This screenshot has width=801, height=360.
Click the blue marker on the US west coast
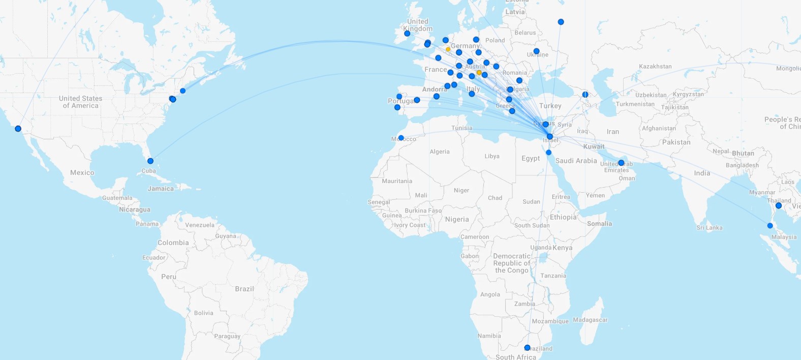coord(18,129)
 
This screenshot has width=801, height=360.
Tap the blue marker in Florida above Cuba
coord(150,161)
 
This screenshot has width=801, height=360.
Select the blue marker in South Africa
coord(527,348)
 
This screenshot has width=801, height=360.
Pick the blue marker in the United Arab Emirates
coord(621,163)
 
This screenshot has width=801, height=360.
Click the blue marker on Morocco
coord(401,138)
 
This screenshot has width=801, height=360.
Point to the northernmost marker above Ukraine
coord(561,22)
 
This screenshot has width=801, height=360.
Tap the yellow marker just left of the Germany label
coord(448,49)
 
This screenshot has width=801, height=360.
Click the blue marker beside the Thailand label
coord(778,205)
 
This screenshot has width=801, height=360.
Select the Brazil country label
coord(244,289)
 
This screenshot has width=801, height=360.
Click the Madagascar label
coord(590,320)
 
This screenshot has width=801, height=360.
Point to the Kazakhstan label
coord(655,67)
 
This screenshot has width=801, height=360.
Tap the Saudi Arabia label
coord(576,161)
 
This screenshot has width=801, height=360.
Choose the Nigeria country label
coord(457,220)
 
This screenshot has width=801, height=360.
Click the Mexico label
coord(82,173)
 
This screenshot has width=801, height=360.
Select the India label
coord(702,173)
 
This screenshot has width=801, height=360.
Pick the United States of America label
coord(80,102)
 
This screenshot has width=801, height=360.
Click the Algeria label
coord(440,152)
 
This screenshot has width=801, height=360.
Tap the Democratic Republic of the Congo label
coord(512,263)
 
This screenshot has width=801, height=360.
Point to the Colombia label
coord(173,243)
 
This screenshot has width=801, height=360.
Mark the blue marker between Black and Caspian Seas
coord(585,95)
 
